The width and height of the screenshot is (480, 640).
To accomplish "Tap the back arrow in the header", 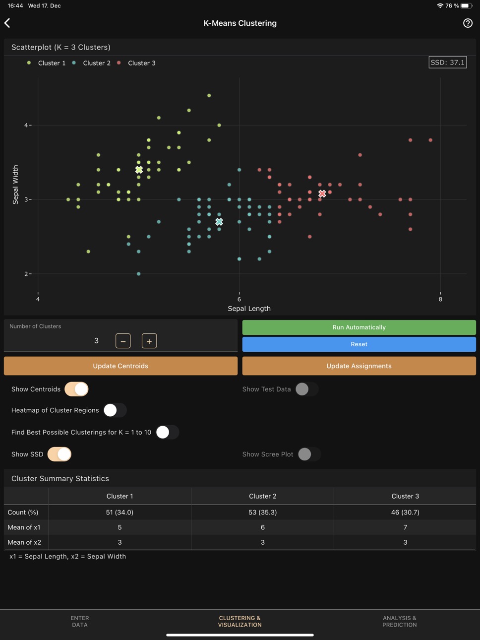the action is click(7, 23).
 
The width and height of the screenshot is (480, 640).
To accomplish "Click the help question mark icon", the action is click(468, 23).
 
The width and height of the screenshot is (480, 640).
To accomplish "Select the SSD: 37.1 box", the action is click(447, 63).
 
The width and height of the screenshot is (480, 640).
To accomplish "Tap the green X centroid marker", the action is click(139, 170).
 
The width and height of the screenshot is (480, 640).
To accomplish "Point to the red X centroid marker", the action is click(322, 193).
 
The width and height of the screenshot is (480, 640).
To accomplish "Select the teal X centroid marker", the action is click(219, 222).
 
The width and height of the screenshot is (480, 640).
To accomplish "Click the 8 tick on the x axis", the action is click(440, 299).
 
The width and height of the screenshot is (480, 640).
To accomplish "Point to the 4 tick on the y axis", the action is click(26, 126).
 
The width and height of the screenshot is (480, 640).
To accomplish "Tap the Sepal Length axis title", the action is click(249, 309).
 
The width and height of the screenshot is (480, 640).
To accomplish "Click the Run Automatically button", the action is click(359, 327).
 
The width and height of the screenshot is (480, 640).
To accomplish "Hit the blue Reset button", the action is click(359, 344).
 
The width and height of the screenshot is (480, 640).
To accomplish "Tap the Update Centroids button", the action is click(120, 366).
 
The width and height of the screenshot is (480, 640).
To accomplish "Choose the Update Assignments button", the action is click(359, 366).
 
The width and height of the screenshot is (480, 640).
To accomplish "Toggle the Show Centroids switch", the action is click(76, 389).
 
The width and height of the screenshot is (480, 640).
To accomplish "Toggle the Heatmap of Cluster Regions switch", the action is click(115, 410).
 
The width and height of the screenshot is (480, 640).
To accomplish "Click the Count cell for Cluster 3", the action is click(405, 512).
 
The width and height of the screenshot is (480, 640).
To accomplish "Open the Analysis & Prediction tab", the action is click(400, 621).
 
